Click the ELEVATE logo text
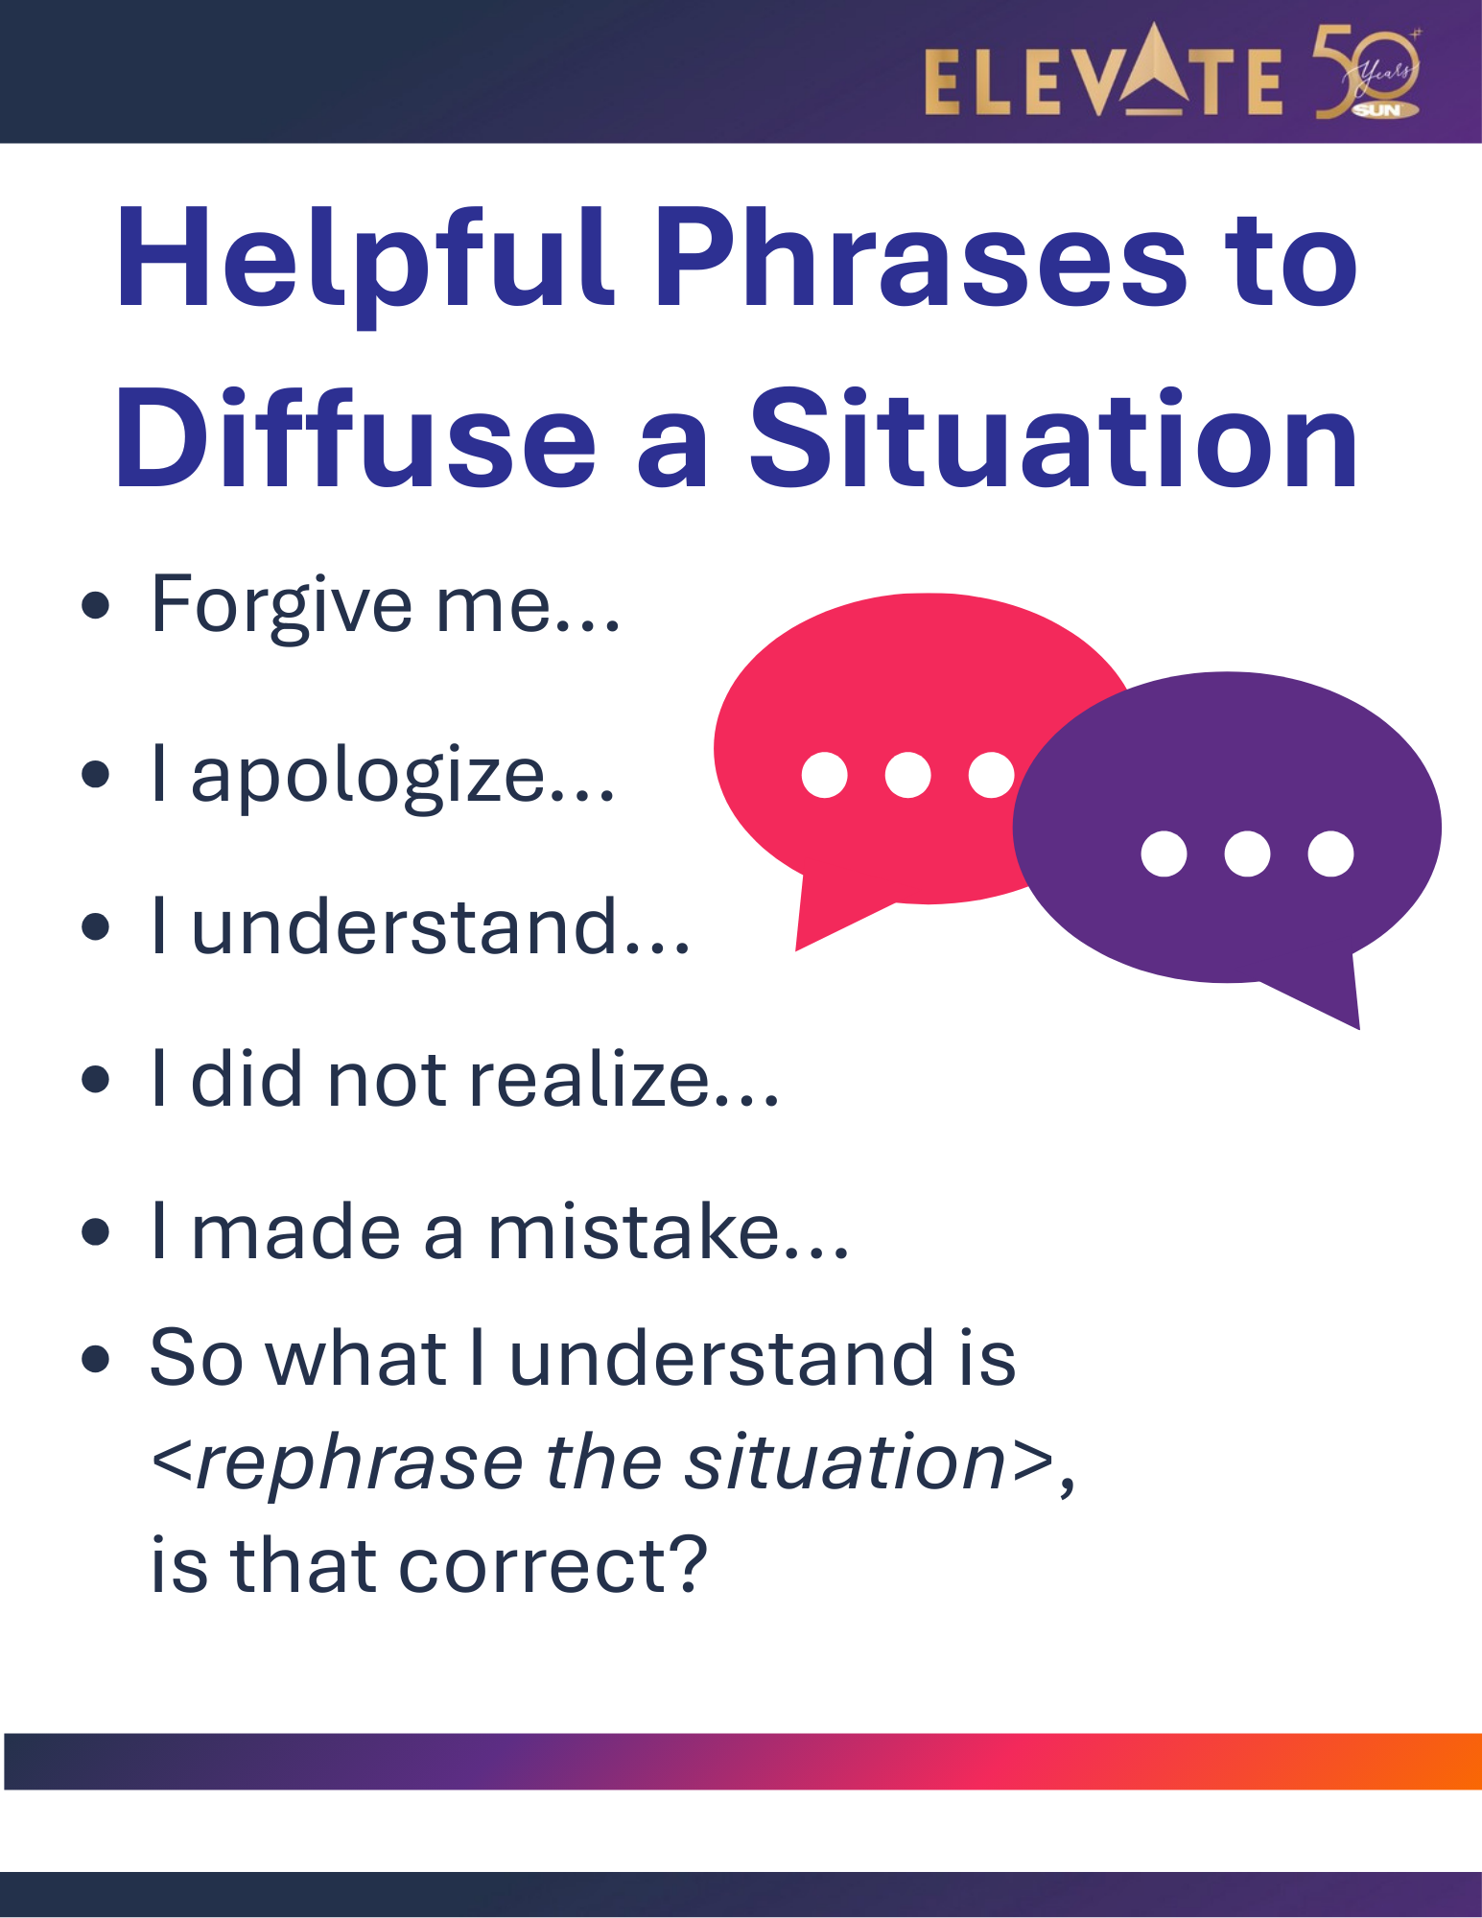coord(1103,71)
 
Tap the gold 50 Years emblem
coord(1368,73)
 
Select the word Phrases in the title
coord(922,259)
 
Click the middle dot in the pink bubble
coord(907,775)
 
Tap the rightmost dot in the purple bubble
coord(1330,854)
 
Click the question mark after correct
coord(687,1562)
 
